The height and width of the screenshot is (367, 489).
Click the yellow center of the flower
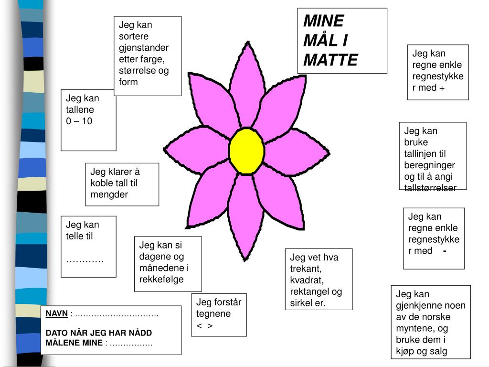(246, 151)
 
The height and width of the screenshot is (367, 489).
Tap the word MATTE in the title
(330, 60)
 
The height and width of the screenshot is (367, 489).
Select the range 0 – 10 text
(79, 121)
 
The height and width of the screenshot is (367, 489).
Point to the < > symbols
(204, 325)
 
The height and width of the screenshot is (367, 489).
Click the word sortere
(134, 36)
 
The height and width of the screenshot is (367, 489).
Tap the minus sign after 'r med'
(445, 250)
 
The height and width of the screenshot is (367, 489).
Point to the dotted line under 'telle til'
(85, 260)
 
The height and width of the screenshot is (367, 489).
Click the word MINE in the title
(323, 21)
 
